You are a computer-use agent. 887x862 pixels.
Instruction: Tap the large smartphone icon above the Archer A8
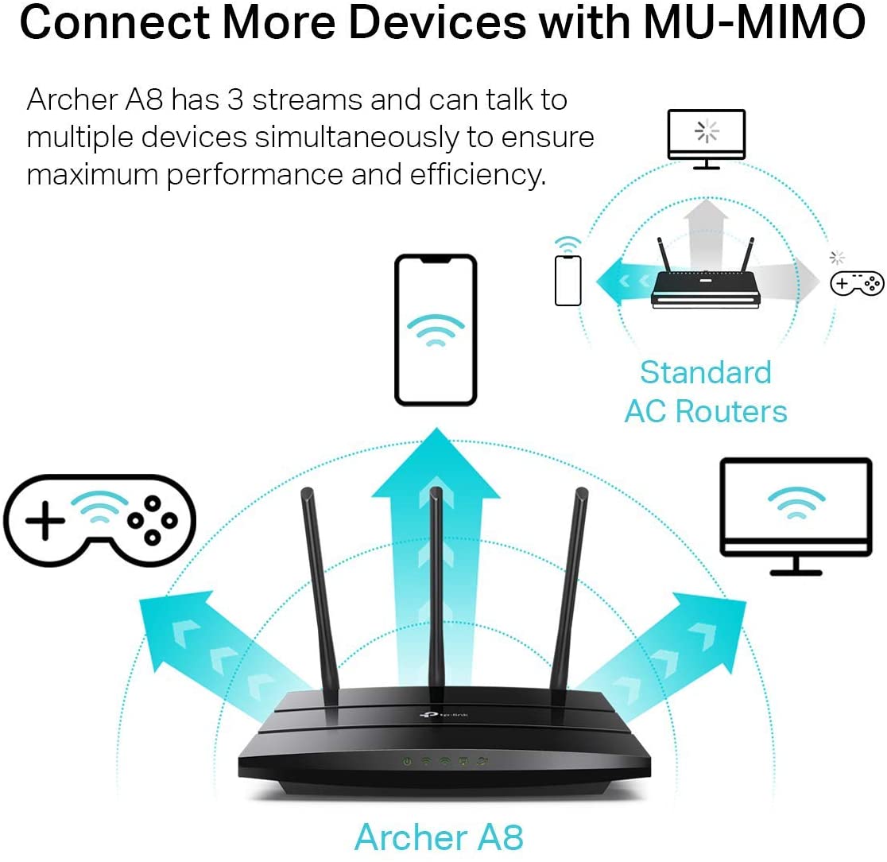[x=436, y=329]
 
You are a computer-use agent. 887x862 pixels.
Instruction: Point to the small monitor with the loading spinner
[x=706, y=137]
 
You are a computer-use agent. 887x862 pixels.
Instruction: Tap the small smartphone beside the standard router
[x=567, y=280]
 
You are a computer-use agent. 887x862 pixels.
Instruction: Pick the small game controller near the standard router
[x=857, y=282]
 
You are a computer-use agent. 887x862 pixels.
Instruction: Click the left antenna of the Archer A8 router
[x=317, y=588]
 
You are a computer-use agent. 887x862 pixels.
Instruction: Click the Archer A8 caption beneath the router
[x=439, y=837]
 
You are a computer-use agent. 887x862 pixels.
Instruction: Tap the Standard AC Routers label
[x=705, y=392]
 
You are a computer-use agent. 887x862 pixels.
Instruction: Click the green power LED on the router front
[x=408, y=761]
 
